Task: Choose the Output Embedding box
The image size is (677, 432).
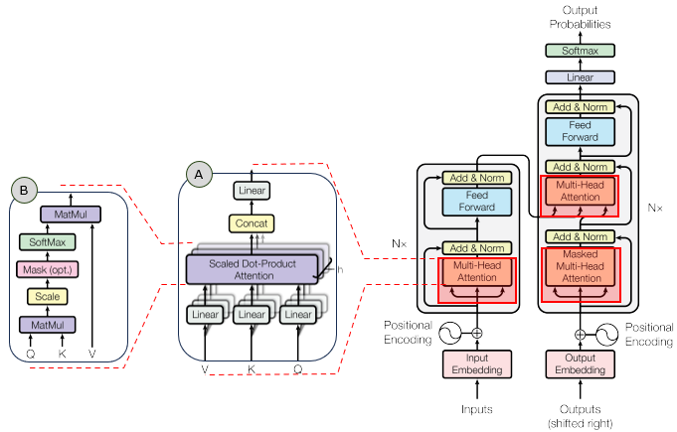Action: tap(580, 363)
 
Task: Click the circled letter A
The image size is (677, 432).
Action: tap(199, 174)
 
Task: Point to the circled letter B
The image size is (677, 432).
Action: tap(22, 188)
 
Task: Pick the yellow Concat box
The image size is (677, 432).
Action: tap(252, 222)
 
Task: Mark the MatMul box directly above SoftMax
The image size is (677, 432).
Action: tap(71, 214)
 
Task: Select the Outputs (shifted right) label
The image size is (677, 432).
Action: tap(580, 415)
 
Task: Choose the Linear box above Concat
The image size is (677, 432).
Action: tap(252, 190)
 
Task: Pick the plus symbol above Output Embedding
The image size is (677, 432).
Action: tap(580, 334)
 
